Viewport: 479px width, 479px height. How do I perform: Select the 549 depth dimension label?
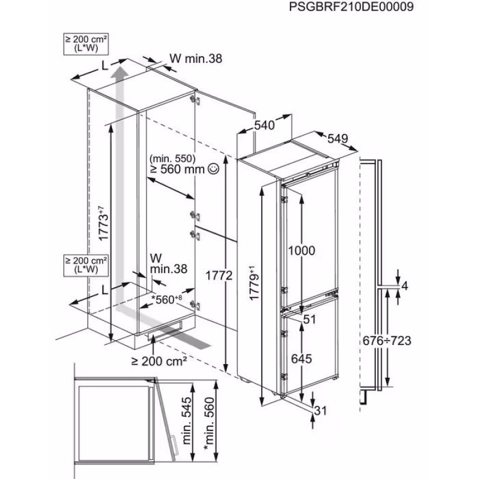(x=338, y=138)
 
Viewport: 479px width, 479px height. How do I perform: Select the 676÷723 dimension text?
(x=387, y=340)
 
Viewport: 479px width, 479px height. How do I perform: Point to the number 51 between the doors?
(x=309, y=320)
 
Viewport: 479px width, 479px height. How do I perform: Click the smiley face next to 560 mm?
(x=214, y=169)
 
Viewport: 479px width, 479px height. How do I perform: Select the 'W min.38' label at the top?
(x=196, y=58)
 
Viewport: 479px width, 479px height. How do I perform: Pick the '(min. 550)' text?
(x=172, y=159)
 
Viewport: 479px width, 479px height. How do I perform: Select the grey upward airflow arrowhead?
(x=120, y=72)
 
